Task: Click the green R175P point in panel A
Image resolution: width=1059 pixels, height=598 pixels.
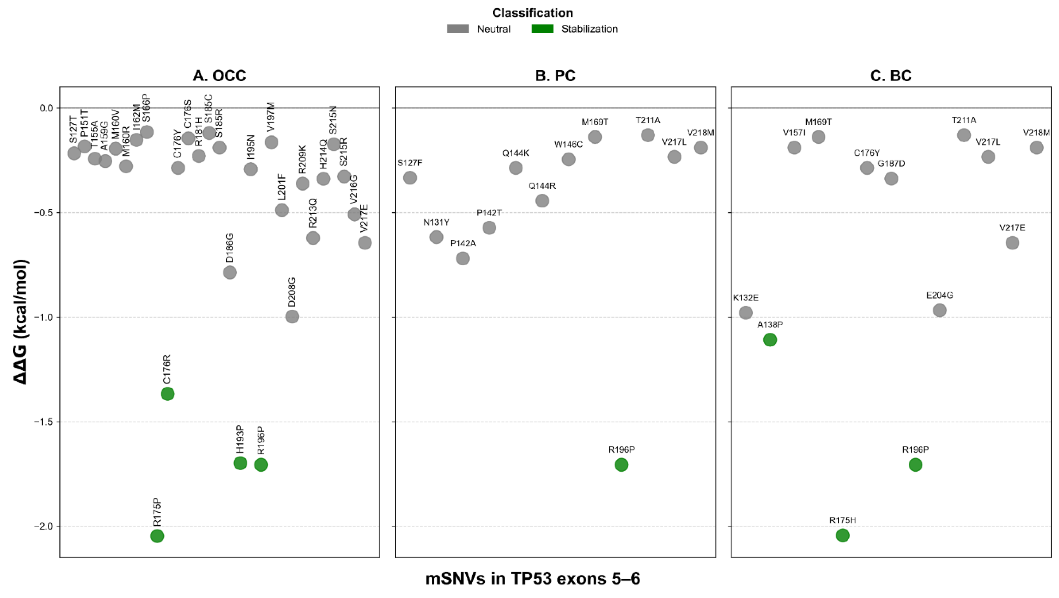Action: tap(157, 536)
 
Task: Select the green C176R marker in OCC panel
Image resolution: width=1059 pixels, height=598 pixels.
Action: tap(167, 394)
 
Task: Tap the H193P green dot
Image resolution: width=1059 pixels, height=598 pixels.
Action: tap(240, 463)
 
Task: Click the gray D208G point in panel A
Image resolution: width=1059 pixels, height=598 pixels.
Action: tap(292, 316)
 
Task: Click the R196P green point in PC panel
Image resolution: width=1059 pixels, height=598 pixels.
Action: tap(621, 465)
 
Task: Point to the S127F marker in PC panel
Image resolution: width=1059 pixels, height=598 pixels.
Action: tap(410, 178)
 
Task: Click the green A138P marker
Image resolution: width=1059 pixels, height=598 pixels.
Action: tap(770, 340)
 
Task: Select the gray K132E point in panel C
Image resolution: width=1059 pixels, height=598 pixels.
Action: tap(746, 313)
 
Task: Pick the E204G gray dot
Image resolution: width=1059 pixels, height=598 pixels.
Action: tap(940, 310)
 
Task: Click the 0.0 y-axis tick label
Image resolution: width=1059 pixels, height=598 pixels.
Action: tap(46, 108)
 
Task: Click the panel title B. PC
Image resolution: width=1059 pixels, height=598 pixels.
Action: tap(555, 76)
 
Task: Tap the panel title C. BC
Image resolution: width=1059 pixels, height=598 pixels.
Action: tap(891, 76)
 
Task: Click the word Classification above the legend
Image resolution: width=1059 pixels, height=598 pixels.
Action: tap(532, 13)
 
